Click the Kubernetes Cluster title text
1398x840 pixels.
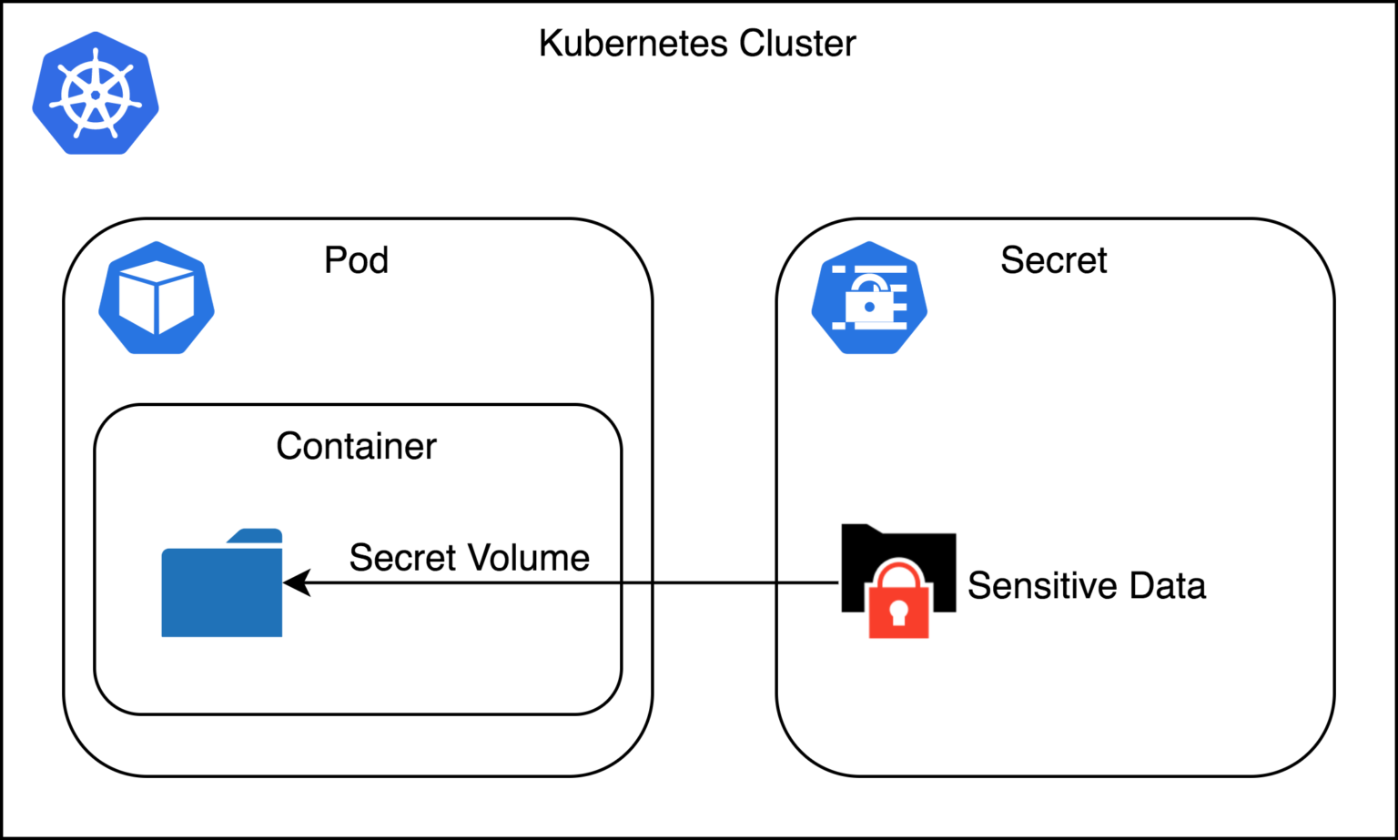pyautogui.click(x=697, y=44)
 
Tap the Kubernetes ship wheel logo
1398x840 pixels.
pyautogui.click(x=96, y=94)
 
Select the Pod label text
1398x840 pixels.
pyautogui.click(x=356, y=260)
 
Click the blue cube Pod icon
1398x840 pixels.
pyautogui.click(x=157, y=298)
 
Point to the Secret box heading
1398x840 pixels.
pyautogui.click(x=1053, y=260)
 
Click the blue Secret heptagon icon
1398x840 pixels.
pyautogui.click(x=869, y=298)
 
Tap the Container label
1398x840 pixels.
pyautogui.click(x=356, y=446)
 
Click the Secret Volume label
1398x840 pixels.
pyautogui.click(x=469, y=558)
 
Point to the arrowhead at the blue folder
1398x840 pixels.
pyautogui.click(x=296, y=582)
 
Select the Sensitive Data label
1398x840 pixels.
pyautogui.click(x=1086, y=585)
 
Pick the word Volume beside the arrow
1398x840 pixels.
pyautogui.click(x=537, y=558)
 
